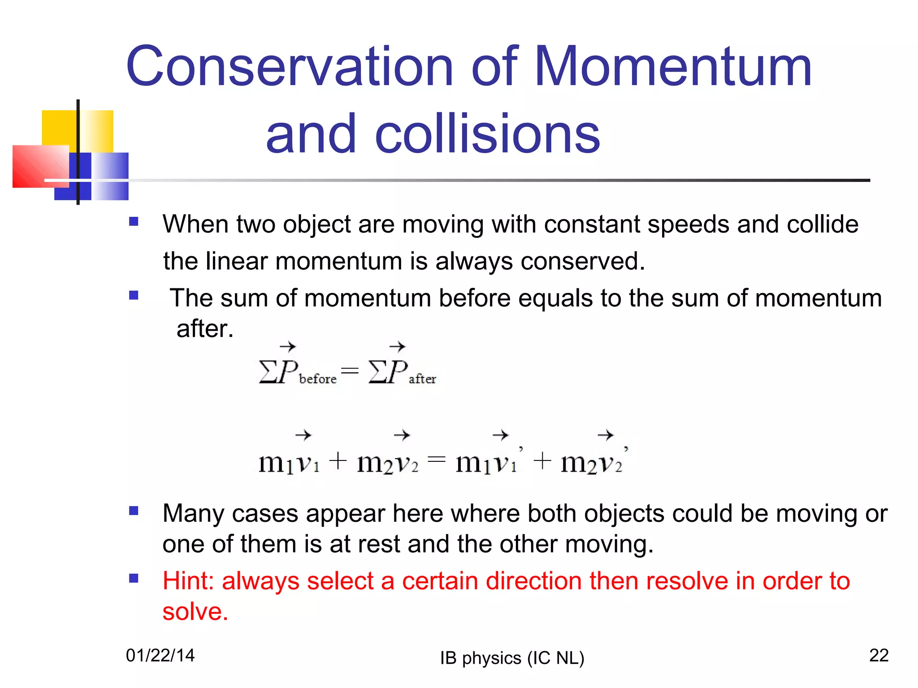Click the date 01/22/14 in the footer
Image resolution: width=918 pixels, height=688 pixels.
point(160,655)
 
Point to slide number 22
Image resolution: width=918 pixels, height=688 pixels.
point(879,655)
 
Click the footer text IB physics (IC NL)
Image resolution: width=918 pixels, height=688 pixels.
point(512,658)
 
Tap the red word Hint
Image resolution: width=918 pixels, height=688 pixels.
point(187,581)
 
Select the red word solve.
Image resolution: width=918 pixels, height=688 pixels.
point(195,612)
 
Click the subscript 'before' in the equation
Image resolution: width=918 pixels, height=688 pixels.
point(317,379)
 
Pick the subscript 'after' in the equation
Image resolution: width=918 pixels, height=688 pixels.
point(422,379)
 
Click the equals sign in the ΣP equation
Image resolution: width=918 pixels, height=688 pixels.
point(350,370)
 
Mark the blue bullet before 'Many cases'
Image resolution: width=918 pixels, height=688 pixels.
point(134,511)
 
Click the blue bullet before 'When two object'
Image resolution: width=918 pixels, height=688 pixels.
point(134,222)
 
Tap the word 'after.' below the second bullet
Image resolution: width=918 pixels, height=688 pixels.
point(205,329)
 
